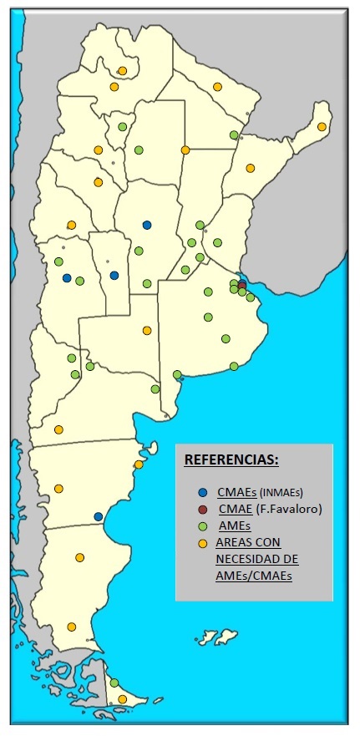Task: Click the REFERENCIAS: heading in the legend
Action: click(231, 460)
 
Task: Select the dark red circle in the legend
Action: click(204, 509)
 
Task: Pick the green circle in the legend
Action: click(204, 525)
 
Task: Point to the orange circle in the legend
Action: click(204, 543)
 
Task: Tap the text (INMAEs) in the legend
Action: click(279, 492)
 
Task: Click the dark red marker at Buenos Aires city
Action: click(242, 285)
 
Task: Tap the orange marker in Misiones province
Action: click(322, 126)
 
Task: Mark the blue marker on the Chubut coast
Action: click(98, 516)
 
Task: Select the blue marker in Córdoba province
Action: click(147, 224)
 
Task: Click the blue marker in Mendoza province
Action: click(67, 278)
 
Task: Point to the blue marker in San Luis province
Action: click(114, 275)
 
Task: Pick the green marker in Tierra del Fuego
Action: click(114, 683)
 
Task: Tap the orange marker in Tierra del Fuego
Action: click(122, 699)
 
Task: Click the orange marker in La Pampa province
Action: click(147, 330)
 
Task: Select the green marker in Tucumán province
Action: click(122, 126)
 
